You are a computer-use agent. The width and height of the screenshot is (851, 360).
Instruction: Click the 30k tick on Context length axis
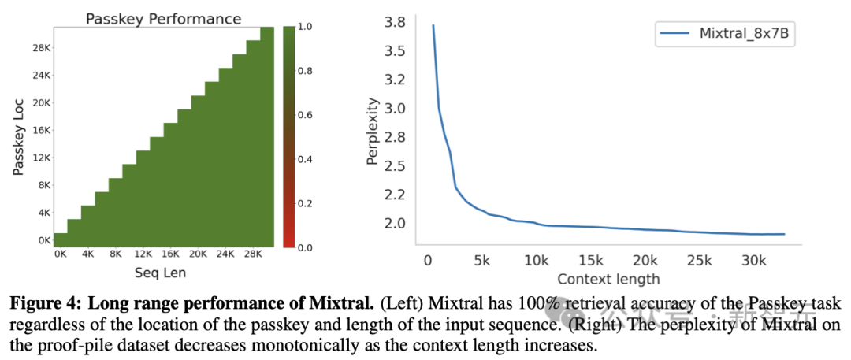click(754, 261)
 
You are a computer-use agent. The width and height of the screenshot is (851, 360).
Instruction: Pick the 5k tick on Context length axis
click(481, 261)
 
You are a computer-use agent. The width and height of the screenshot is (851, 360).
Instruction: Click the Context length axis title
click(608, 278)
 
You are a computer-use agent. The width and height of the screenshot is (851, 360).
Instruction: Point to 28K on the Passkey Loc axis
click(41, 47)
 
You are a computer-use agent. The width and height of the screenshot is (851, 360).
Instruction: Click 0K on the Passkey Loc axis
click(41, 239)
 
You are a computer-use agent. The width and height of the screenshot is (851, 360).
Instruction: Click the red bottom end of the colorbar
click(288, 242)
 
